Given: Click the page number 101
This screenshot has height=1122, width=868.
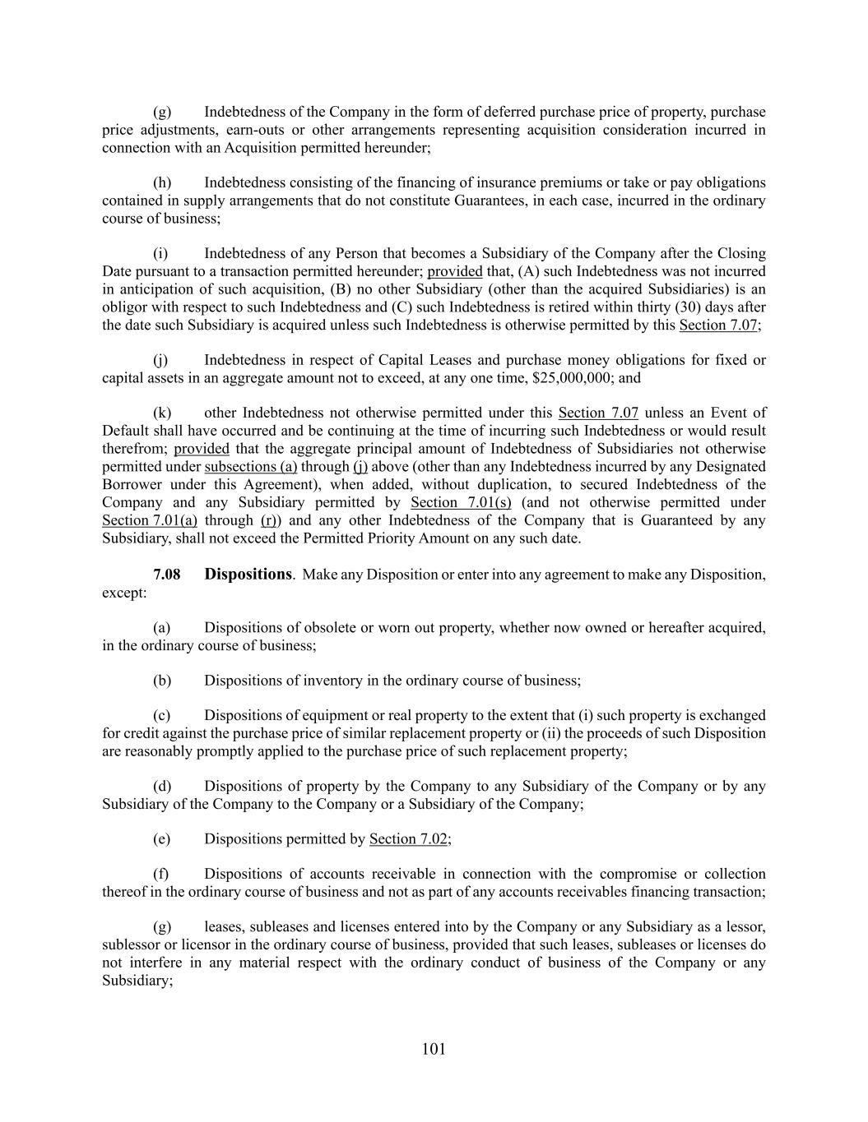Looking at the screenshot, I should (x=434, y=1049).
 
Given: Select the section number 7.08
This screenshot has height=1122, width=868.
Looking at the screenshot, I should (x=167, y=575).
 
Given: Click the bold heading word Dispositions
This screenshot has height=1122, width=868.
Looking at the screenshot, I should (x=248, y=575).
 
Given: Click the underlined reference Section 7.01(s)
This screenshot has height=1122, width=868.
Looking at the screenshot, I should (x=461, y=503).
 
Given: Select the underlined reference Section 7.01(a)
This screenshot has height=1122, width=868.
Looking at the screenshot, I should (x=149, y=521).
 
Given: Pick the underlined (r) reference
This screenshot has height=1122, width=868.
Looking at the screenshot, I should (x=267, y=521).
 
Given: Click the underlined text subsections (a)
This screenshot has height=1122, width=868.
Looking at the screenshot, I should (x=250, y=467).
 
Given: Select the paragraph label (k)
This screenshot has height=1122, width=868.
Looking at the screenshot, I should (x=162, y=413).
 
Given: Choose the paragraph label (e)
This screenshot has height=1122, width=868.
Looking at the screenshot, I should (x=162, y=839).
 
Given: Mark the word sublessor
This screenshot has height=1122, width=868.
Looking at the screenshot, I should (x=132, y=945).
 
